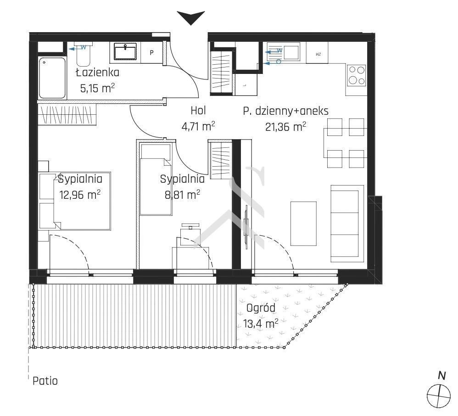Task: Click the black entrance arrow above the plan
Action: [191, 17]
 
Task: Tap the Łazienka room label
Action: [98, 72]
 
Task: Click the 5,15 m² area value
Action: [97, 88]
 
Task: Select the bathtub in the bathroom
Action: [52, 78]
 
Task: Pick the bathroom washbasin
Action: [125, 52]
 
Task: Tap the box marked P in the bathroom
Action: [151, 53]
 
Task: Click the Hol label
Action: [198, 111]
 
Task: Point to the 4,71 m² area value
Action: [198, 126]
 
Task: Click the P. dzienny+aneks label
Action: [285, 111]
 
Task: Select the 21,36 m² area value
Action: [285, 127]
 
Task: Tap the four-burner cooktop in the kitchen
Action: [357, 75]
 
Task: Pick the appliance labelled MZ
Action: [317, 53]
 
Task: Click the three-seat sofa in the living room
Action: [347, 224]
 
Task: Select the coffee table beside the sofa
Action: [303, 224]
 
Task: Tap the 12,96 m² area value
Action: [80, 194]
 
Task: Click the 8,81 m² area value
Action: [182, 194]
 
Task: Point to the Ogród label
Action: [261, 308]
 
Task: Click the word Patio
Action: [45, 381]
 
